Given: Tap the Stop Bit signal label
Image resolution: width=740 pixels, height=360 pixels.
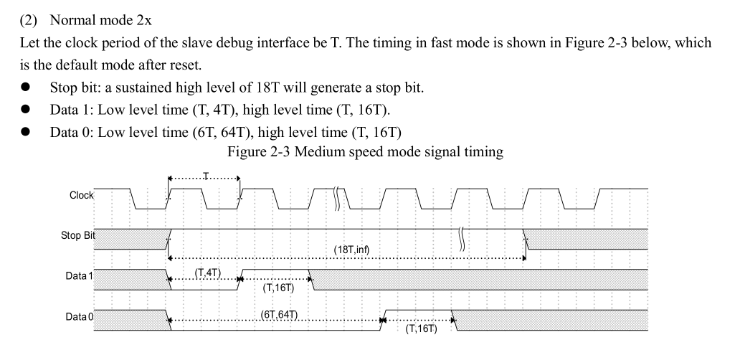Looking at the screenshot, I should (x=78, y=235).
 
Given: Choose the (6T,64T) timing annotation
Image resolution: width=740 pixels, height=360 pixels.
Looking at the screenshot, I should (x=280, y=314).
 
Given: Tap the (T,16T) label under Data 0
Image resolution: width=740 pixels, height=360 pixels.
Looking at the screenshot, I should (x=421, y=329).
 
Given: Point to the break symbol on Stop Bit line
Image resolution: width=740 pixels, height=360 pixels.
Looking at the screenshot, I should (x=463, y=235).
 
